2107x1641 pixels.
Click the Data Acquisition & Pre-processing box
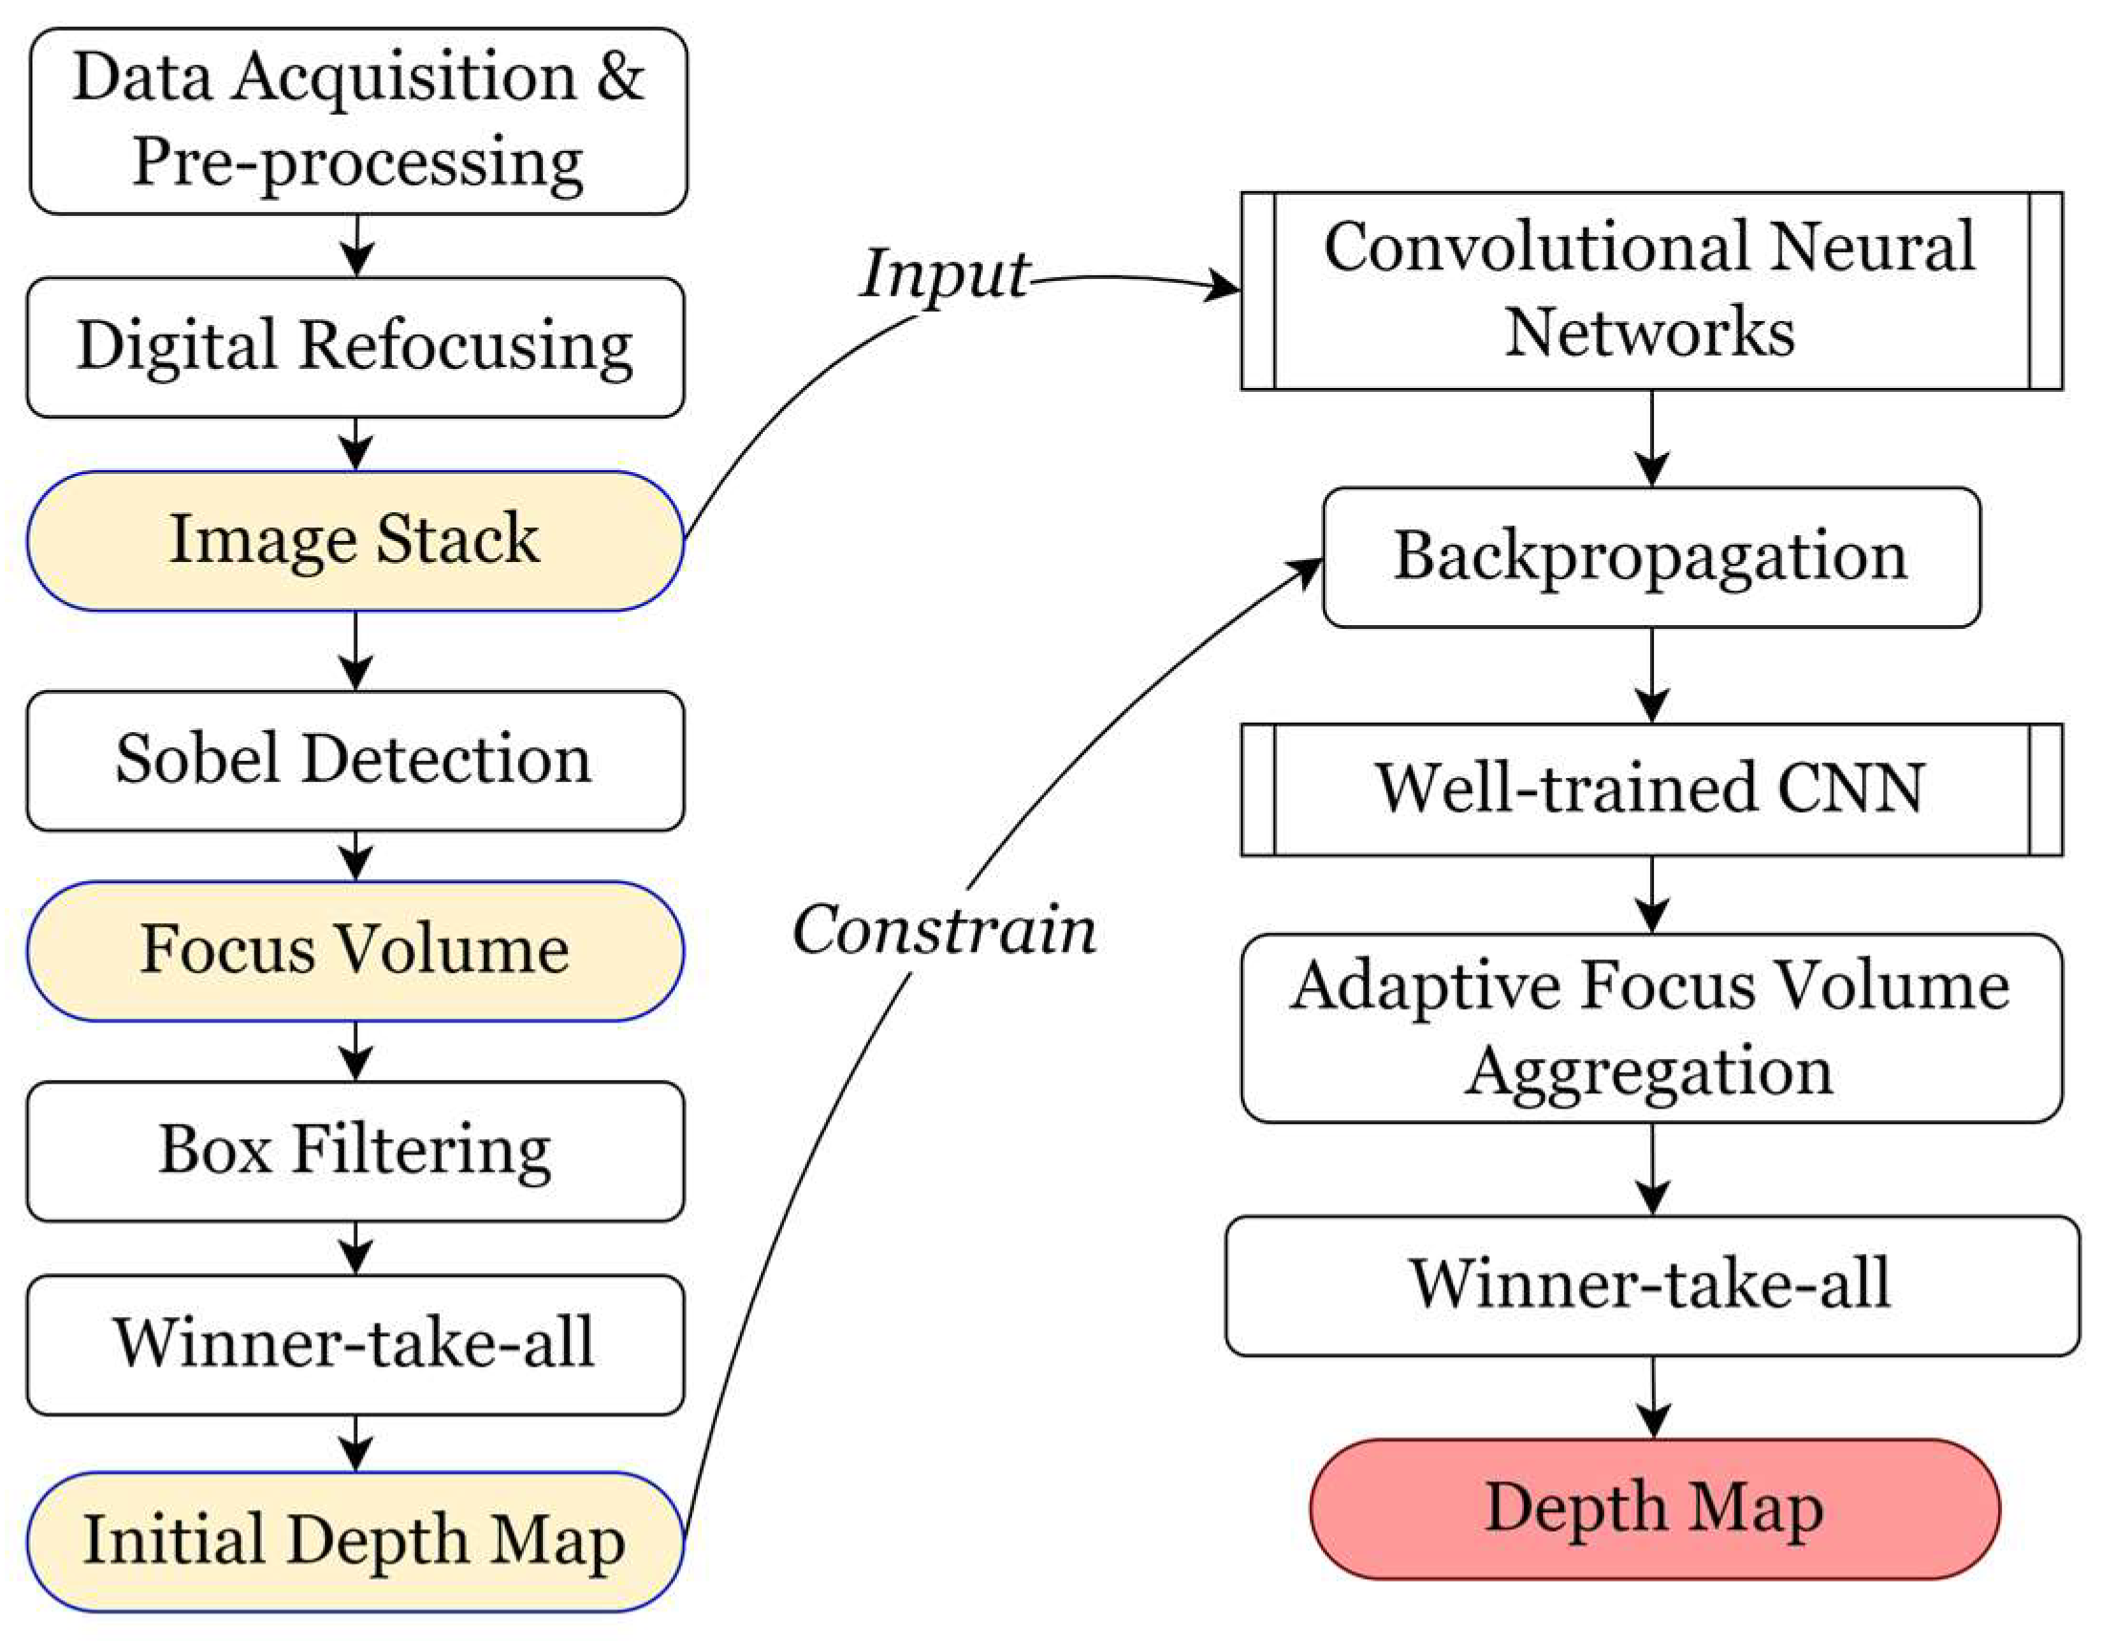pyautogui.click(x=357, y=120)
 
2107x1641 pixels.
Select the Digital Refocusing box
pyautogui.click(x=355, y=347)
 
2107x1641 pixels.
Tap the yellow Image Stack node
pyautogui.click(x=355, y=540)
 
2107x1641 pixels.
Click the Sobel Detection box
pyautogui.click(x=355, y=760)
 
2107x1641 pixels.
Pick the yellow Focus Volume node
pyautogui.click(x=355, y=950)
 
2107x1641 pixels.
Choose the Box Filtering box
pyautogui.click(x=355, y=1151)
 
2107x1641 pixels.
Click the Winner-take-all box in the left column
pyautogui.click(x=355, y=1344)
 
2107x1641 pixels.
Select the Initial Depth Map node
pyautogui.click(x=355, y=1541)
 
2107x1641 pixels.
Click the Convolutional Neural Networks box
pyautogui.click(x=1651, y=291)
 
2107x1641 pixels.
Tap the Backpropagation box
pyautogui.click(x=1651, y=556)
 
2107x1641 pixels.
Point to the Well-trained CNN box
pyautogui.click(x=1651, y=789)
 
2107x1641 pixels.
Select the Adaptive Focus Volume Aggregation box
pyautogui.click(x=1651, y=1027)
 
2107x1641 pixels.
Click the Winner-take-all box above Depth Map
pyautogui.click(x=1651, y=1285)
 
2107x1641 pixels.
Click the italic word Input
pyautogui.click(x=944, y=275)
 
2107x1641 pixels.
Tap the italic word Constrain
pyautogui.click(x=944, y=932)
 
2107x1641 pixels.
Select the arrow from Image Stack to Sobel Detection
pyautogui.click(x=356, y=651)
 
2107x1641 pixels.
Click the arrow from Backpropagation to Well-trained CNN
pyautogui.click(x=1652, y=676)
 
